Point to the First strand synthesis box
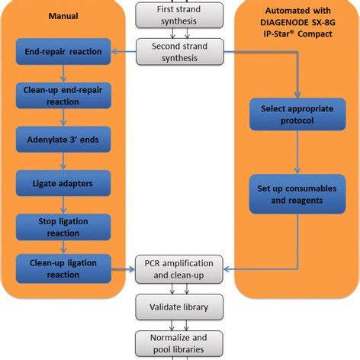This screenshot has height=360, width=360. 180,13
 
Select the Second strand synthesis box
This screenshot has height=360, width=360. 180,53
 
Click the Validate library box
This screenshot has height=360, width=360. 180,307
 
